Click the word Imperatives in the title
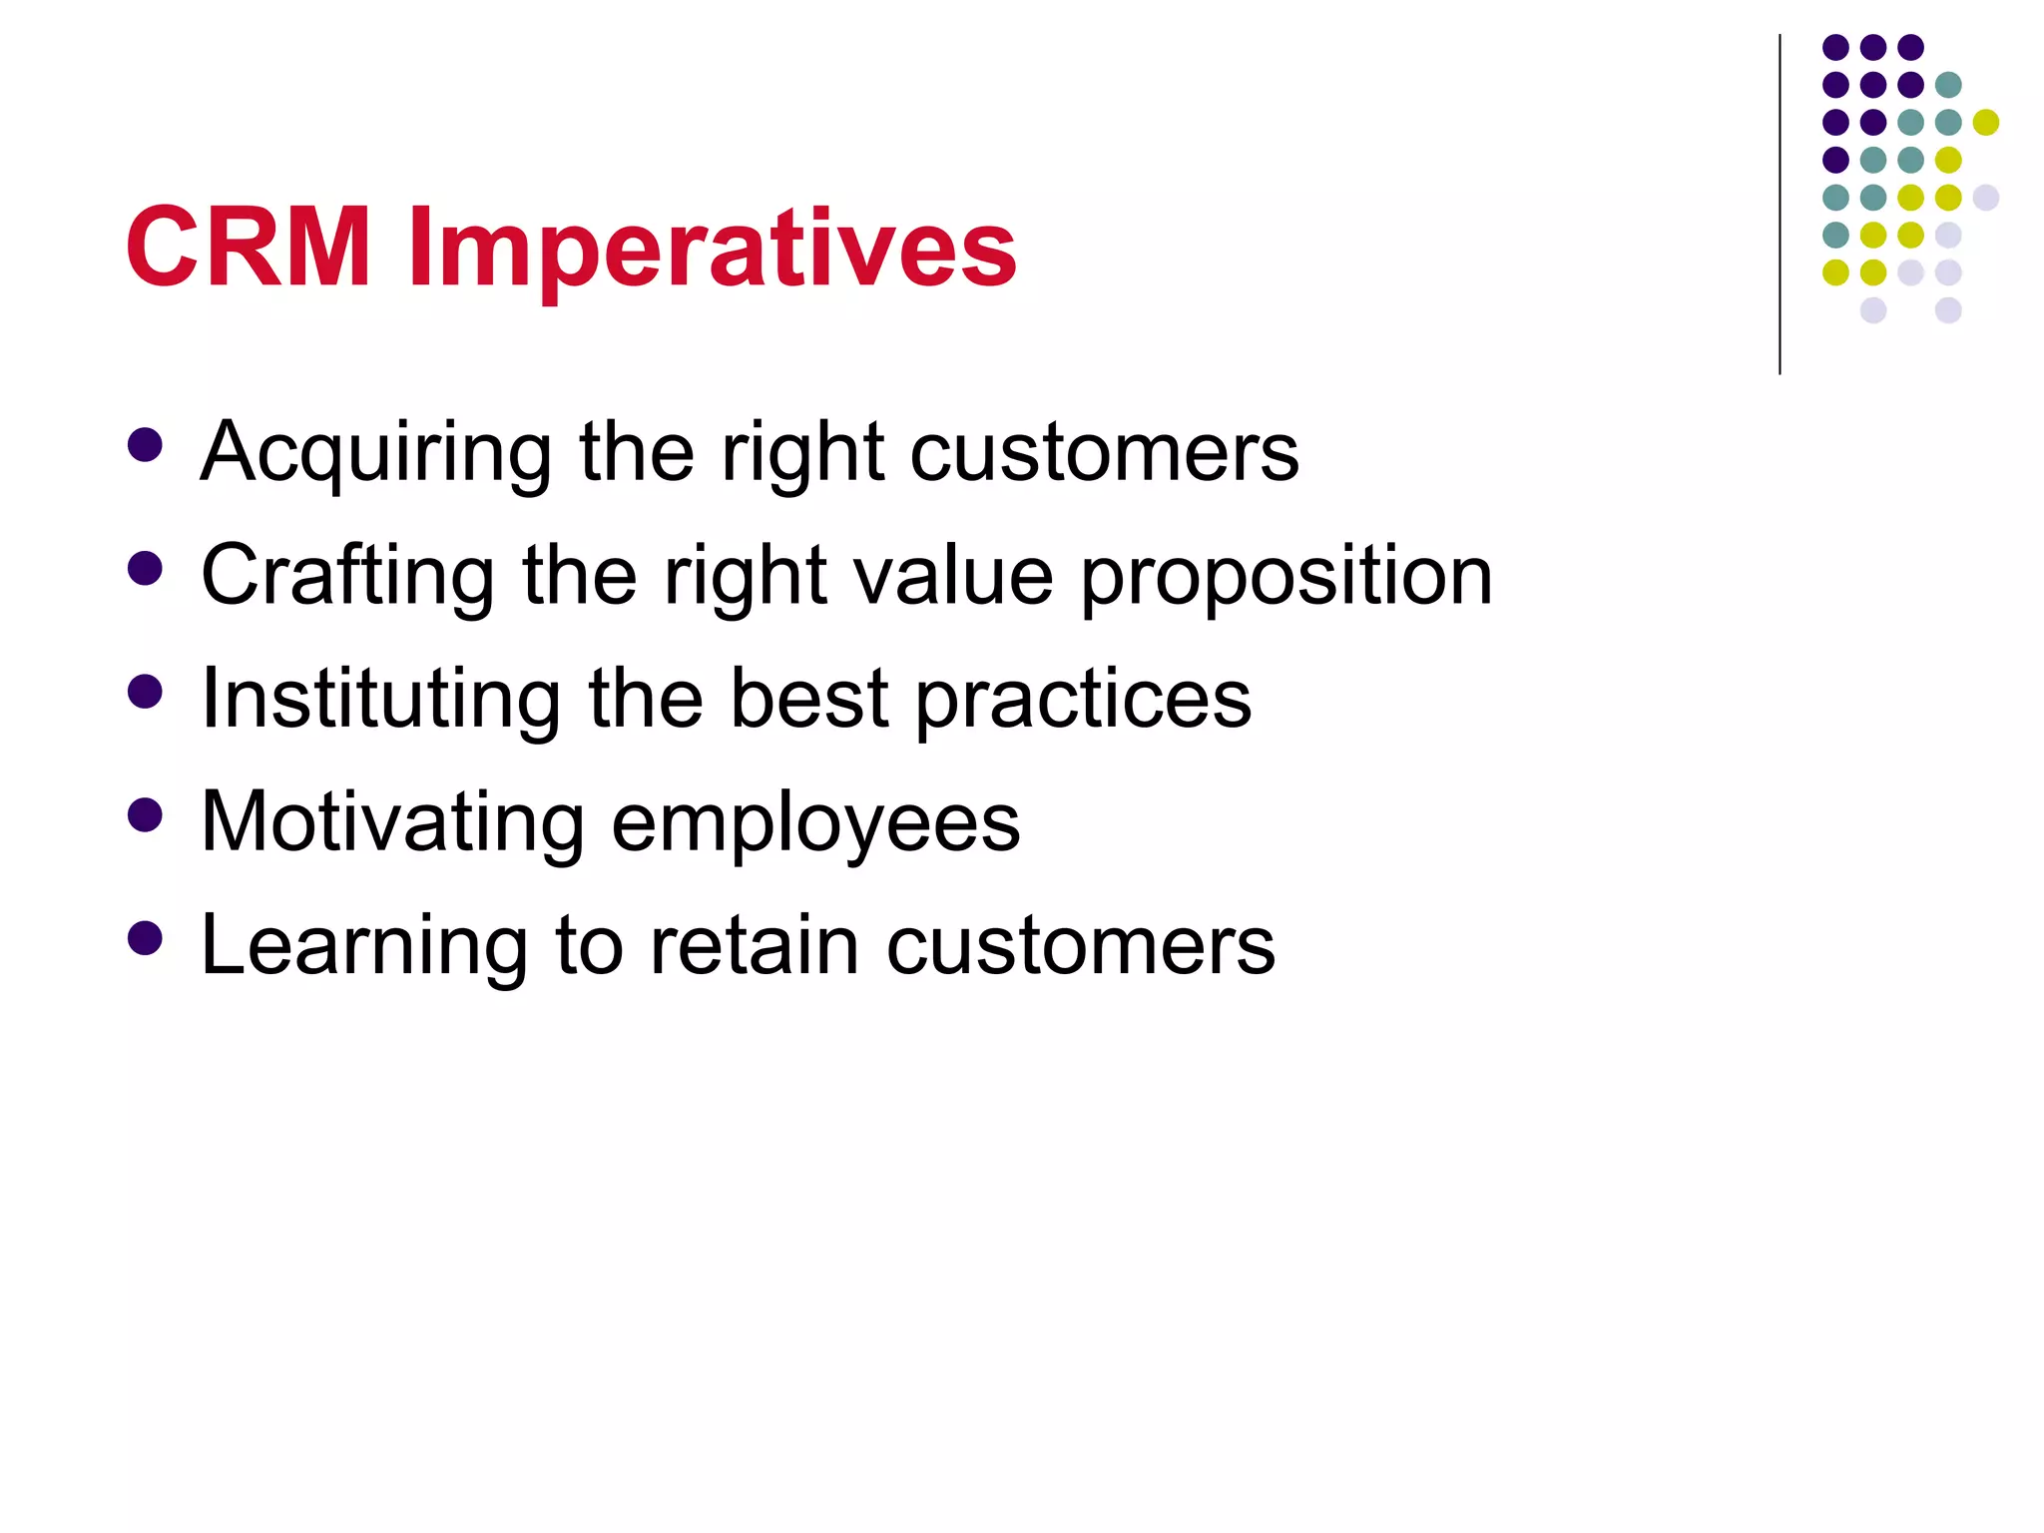[713, 250]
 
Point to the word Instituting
[380, 699]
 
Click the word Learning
[363, 946]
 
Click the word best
[808, 698]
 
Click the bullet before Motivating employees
[146, 814]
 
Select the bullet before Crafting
[146, 568]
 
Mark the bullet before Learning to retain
[146, 937]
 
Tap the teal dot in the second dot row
[1948, 85]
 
